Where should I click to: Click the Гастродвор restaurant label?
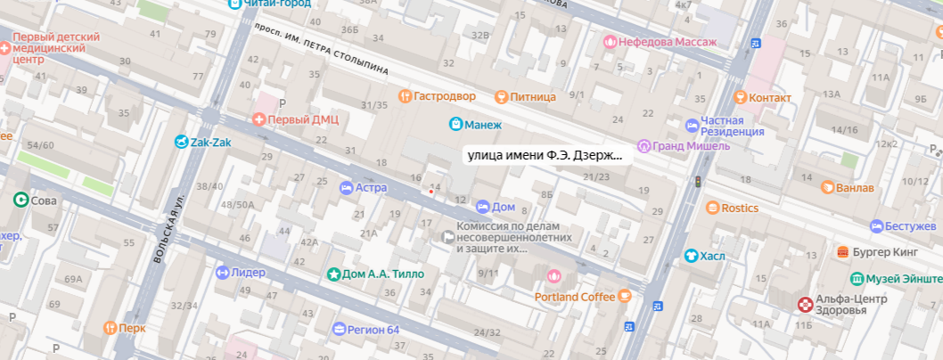(445, 95)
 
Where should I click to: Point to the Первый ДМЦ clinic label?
(297, 119)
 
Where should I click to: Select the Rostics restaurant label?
(739, 208)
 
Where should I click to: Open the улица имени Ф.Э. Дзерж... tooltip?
(544, 155)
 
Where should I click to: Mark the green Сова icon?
(20, 200)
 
